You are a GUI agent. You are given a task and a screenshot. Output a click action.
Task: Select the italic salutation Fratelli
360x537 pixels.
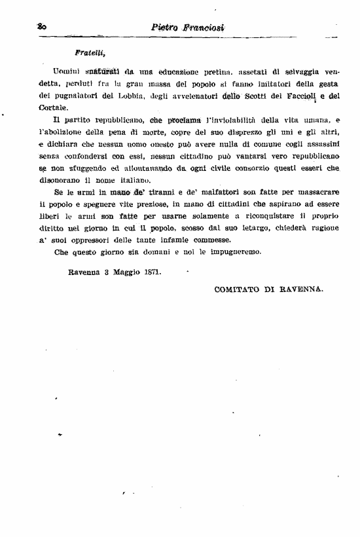[90, 51]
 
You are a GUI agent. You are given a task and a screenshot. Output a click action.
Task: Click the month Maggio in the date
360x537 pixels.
[124, 270]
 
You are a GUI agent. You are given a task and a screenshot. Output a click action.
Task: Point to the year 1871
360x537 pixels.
[152, 270]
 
